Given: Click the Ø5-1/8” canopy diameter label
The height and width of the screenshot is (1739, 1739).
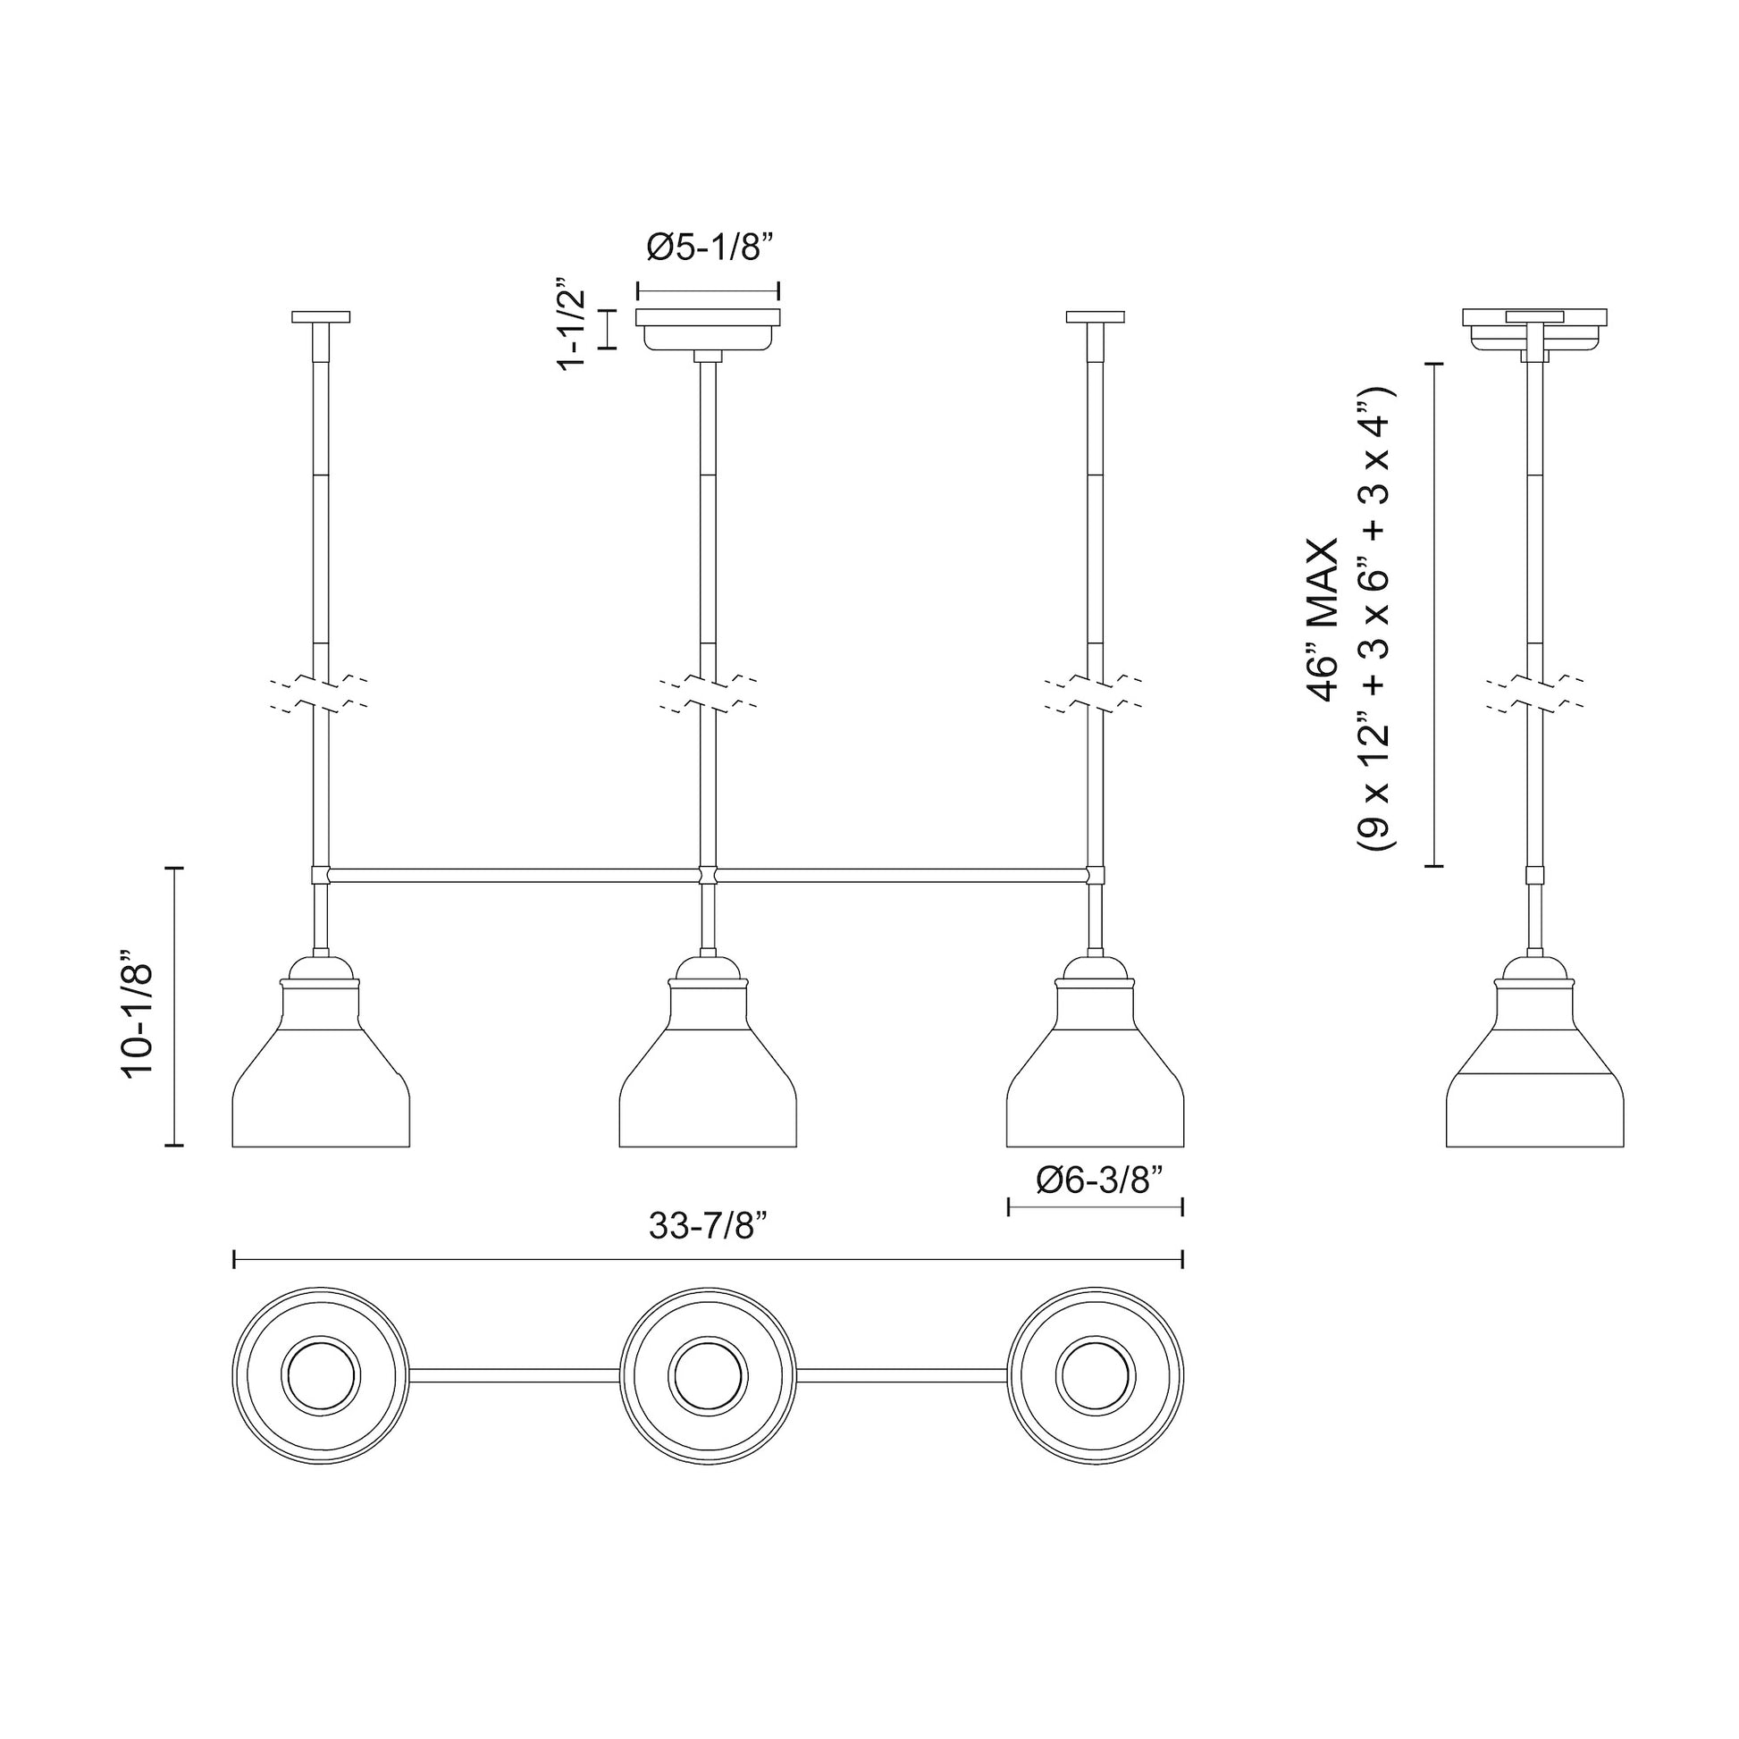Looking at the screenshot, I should click(x=711, y=248).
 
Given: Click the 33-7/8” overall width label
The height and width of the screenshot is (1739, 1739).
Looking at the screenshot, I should click(x=709, y=1225).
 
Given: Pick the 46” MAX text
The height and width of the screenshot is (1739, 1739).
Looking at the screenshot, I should click(x=1324, y=620).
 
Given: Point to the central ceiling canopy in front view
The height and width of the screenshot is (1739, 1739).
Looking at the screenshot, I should click(x=709, y=329).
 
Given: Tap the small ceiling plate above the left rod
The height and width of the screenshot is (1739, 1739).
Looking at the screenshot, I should click(x=322, y=317).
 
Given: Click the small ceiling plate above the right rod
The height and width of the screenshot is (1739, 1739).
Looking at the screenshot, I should click(x=1095, y=317).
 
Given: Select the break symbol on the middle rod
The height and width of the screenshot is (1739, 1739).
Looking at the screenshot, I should click(x=709, y=694).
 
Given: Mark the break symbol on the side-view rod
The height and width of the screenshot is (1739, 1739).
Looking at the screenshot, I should click(x=1534, y=694).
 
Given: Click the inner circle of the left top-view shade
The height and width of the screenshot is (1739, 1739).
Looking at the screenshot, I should click(x=322, y=1375).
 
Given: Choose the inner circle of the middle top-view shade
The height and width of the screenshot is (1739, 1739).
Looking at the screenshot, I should click(x=709, y=1375).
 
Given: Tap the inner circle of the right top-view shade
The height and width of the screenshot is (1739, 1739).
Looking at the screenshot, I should click(x=1095, y=1375).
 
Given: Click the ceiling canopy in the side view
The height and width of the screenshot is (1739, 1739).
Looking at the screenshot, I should click(x=1534, y=329).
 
